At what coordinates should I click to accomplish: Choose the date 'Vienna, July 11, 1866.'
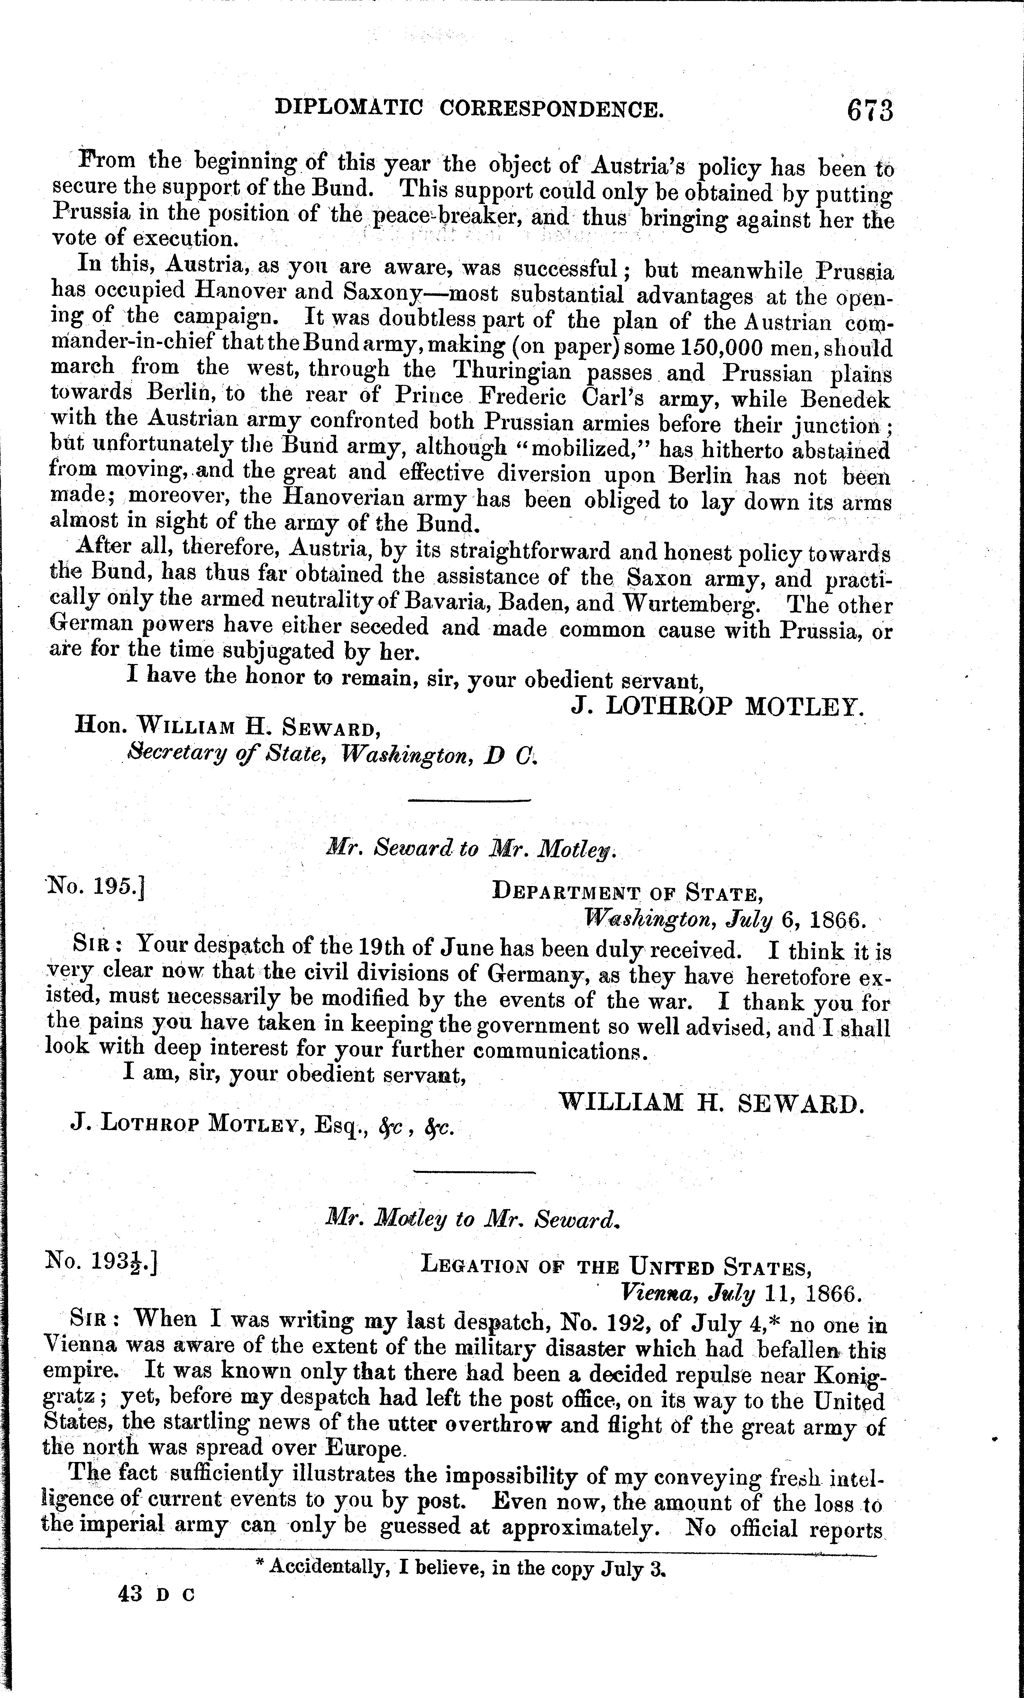pyautogui.click(x=741, y=1292)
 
